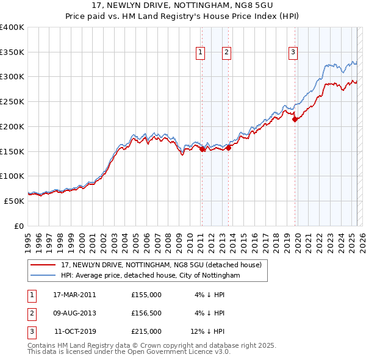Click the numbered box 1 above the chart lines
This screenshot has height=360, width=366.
pos(200,53)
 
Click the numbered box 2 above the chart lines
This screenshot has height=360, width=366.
pos(226,53)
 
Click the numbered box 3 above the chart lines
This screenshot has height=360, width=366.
pos(293,53)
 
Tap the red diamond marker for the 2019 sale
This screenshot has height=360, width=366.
pos(295,120)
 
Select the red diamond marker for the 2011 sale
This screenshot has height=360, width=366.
pos(202,148)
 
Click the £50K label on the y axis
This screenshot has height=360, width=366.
pos(15,201)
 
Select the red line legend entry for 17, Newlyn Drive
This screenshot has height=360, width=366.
pos(162,265)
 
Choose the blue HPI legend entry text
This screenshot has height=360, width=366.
pos(151,276)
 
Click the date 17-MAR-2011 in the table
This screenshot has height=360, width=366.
pos(74,295)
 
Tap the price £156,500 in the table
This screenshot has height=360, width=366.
pos(146,313)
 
